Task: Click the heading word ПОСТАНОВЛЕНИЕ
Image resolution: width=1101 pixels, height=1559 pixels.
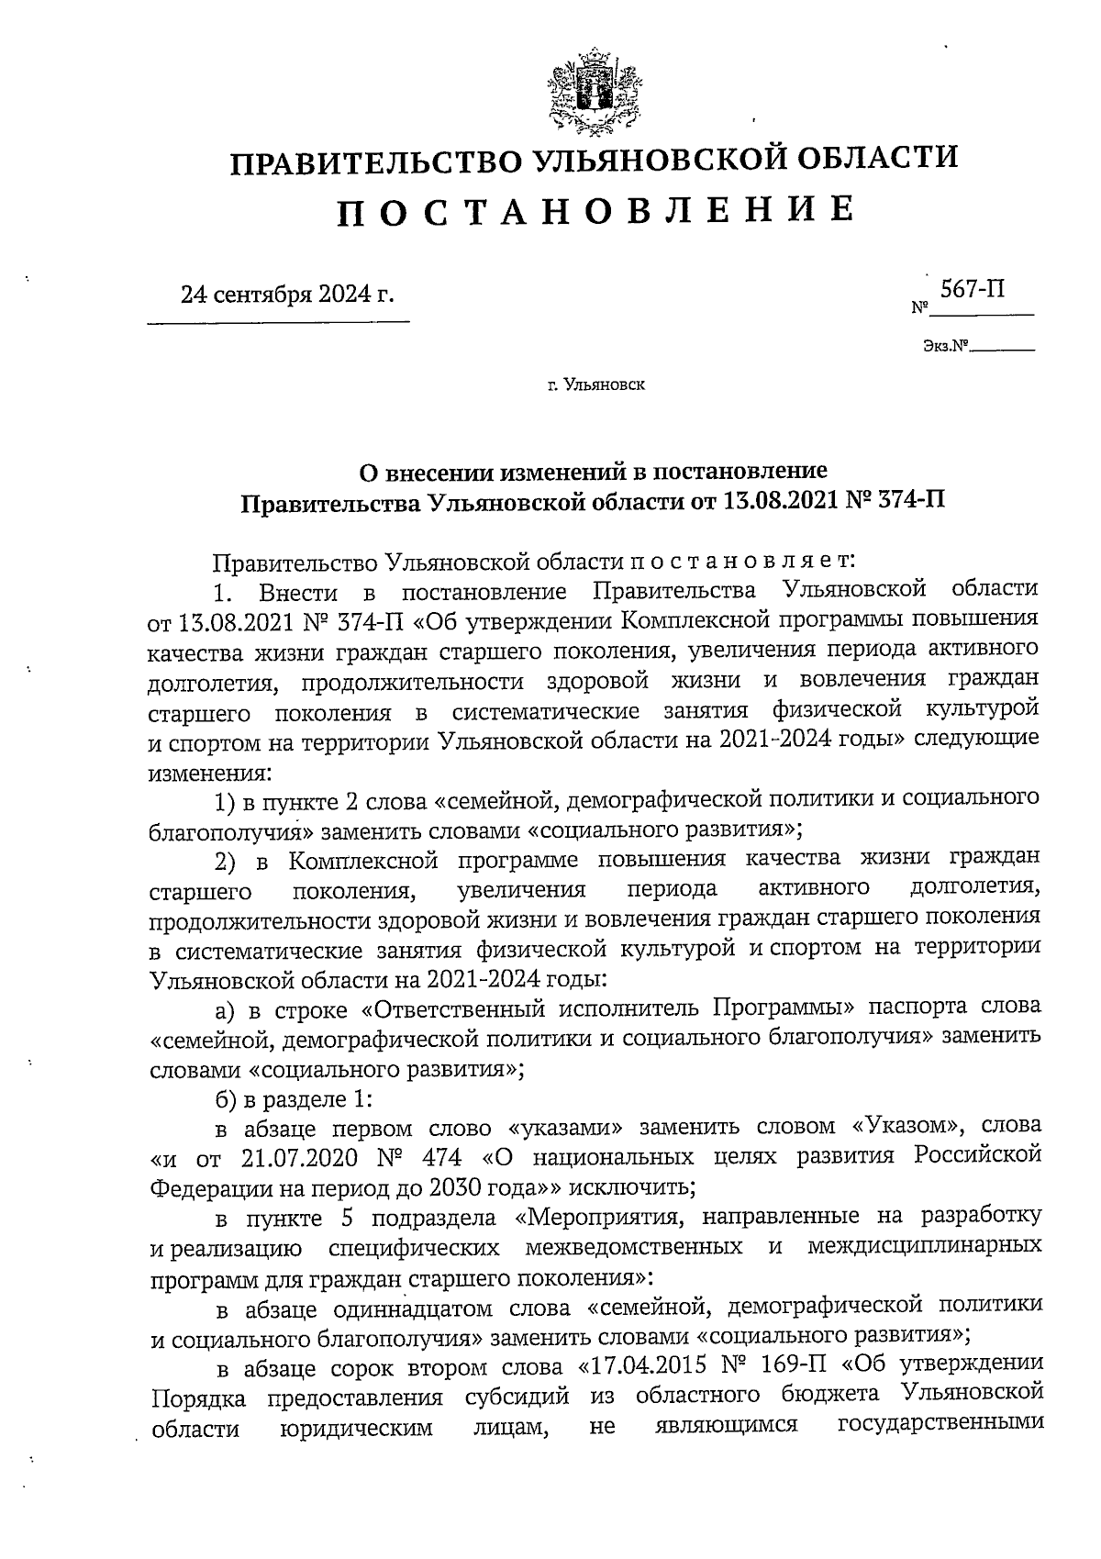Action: tap(595, 212)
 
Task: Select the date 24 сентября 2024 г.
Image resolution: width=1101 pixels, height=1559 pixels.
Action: tap(287, 295)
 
